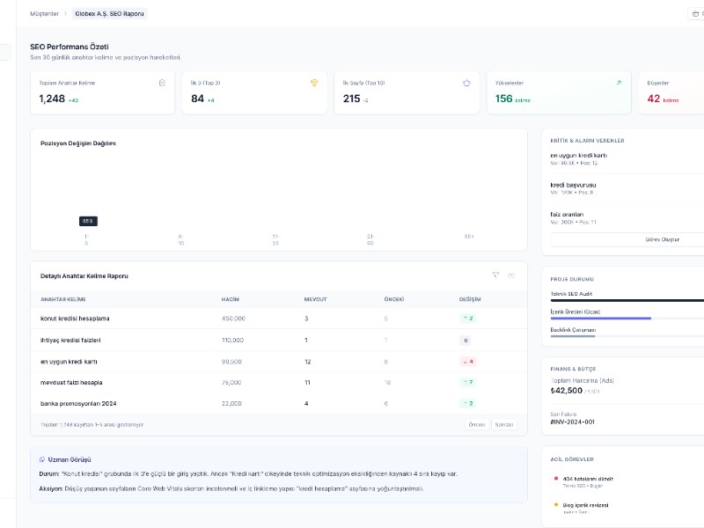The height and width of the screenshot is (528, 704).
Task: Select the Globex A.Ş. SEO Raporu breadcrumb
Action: point(111,14)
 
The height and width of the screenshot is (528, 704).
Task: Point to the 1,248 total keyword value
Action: point(52,99)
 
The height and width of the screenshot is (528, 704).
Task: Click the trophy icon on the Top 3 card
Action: point(314,83)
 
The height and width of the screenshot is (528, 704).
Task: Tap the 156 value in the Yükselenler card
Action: point(504,99)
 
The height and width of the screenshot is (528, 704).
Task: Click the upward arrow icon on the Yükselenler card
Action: point(619,83)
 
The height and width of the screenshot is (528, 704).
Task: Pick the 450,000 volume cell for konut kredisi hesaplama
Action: point(233,319)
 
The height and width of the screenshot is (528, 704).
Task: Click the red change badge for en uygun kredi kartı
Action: point(466,361)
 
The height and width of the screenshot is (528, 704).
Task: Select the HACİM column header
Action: point(231,299)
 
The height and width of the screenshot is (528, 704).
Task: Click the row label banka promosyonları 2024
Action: point(78,403)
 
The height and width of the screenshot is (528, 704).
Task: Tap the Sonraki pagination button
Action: point(504,424)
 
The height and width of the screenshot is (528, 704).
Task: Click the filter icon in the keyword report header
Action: point(495,275)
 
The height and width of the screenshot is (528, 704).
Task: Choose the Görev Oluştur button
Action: point(627,239)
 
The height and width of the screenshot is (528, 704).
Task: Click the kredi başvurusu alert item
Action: point(573,186)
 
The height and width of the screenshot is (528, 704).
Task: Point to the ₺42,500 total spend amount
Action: point(566,390)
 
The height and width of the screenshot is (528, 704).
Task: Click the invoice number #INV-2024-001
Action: point(572,422)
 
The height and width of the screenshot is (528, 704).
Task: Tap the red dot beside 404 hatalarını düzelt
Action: point(556,479)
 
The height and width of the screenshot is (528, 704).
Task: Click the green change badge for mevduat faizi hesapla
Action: point(466,382)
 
